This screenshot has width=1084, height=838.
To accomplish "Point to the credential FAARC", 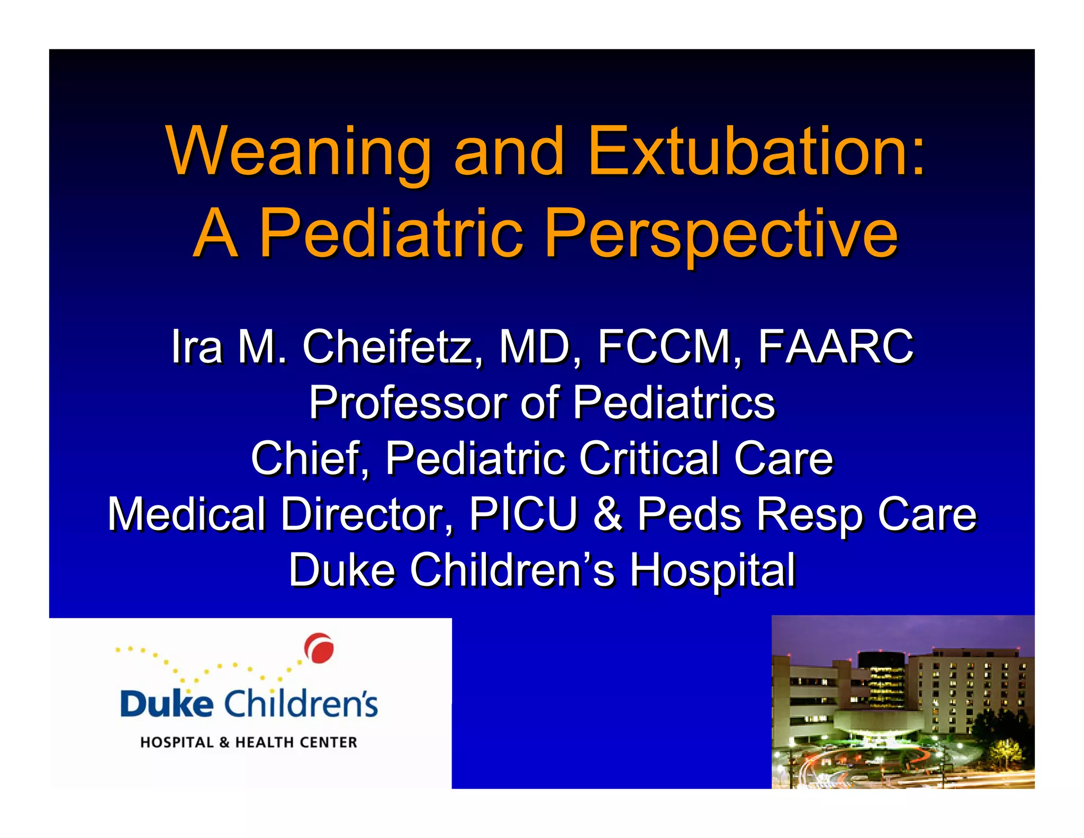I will (836, 347).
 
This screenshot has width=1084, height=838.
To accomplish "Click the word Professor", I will (408, 403).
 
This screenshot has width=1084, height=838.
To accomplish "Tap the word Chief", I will (309, 458).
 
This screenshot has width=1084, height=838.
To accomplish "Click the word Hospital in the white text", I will (712, 570).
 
